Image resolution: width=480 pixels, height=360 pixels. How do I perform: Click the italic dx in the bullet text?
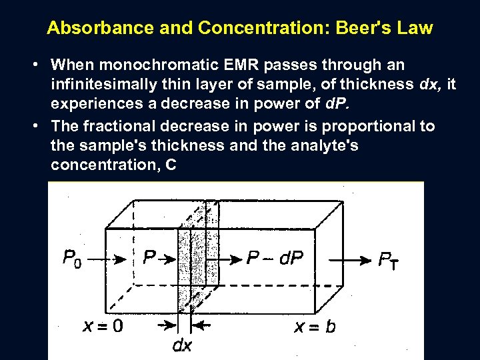tap(427, 84)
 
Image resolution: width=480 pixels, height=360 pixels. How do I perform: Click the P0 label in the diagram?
tap(72, 257)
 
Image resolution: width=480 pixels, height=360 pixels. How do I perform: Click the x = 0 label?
tap(103, 326)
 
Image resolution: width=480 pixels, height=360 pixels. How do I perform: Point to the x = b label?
tap(315, 327)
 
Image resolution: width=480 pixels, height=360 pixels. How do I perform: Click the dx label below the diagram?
tap(182, 345)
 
